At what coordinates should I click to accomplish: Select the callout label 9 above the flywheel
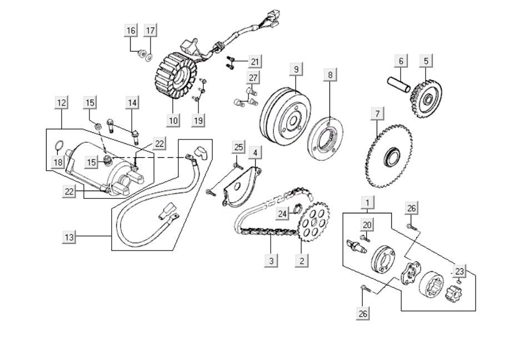tap(296, 69)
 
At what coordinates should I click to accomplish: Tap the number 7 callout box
tap(377, 114)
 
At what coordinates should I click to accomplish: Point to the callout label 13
tap(68, 237)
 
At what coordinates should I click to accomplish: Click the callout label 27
tap(253, 77)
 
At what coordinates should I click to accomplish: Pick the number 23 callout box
tap(459, 271)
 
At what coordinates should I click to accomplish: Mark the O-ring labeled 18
tap(58, 148)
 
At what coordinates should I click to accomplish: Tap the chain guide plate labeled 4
tap(240, 186)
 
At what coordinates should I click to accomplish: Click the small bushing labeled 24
tap(297, 210)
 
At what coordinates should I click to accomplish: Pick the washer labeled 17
tap(149, 57)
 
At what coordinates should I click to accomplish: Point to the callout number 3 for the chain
tap(271, 260)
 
